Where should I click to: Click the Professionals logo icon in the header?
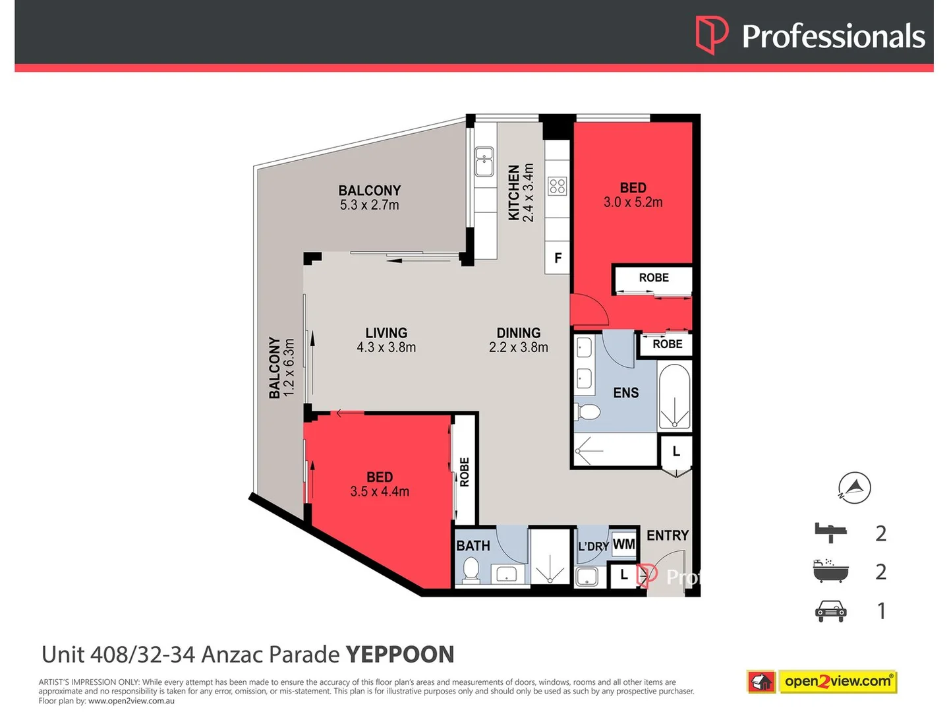click(x=711, y=35)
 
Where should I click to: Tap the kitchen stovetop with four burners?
click(x=557, y=187)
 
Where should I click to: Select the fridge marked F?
click(x=557, y=258)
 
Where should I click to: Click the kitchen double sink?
click(x=484, y=162)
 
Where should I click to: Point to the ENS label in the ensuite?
click(x=625, y=392)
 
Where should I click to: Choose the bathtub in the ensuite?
click(x=674, y=396)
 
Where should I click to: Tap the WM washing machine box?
click(x=623, y=544)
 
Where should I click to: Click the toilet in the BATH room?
click(x=471, y=568)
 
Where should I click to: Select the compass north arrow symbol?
click(x=854, y=488)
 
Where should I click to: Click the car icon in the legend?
click(x=830, y=611)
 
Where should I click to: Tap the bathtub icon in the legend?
click(x=830, y=571)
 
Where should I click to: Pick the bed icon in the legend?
click(x=830, y=533)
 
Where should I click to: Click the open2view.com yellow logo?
click(x=838, y=682)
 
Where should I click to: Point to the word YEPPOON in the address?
click(x=400, y=655)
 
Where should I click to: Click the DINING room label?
click(x=519, y=333)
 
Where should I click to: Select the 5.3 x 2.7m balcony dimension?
click(x=369, y=205)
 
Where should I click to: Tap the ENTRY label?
click(x=668, y=535)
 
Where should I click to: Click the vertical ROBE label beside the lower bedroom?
click(x=465, y=472)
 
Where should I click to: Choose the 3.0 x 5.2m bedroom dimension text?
click(x=633, y=202)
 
